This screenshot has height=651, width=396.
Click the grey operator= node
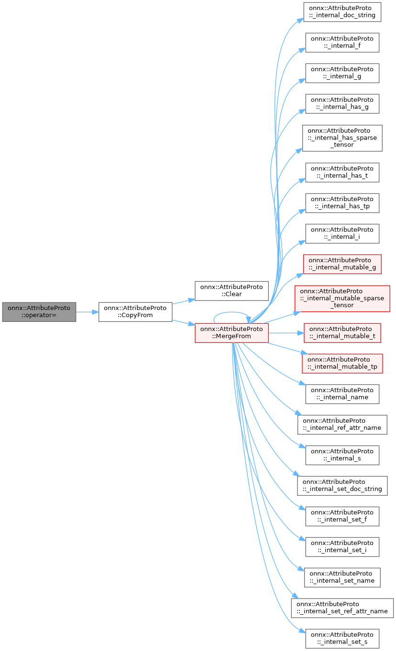[x=39, y=312]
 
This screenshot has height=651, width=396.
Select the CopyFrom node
[x=135, y=312]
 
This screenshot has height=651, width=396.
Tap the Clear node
[x=231, y=290]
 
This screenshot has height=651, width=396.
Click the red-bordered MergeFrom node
[x=231, y=332]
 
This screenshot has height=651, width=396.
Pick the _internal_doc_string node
[x=342, y=12]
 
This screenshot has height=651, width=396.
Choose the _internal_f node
[x=342, y=43]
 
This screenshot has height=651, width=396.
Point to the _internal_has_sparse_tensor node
[x=342, y=138]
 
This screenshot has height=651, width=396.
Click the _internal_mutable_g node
[x=342, y=264]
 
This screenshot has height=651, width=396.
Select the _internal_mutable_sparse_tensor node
[x=342, y=298]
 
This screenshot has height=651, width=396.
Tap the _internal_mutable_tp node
[x=342, y=363]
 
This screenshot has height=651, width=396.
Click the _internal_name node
[x=342, y=394]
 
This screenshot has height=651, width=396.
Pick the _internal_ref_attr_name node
[x=342, y=424]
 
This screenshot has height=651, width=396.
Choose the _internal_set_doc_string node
[x=342, y=485]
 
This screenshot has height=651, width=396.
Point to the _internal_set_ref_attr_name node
[x=342, y=608]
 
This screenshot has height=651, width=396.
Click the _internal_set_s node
[x=342, y=638]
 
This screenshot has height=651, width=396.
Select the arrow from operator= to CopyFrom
[x=87, y=312]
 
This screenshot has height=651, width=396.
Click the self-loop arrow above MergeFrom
[x=231, y=314]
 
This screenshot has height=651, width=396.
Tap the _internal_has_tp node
[x=342, y=203]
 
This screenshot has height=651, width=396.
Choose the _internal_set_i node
[x=342, y=546]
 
